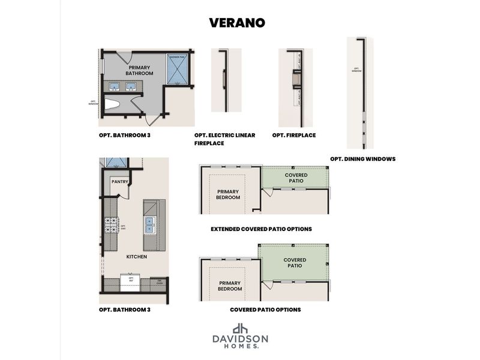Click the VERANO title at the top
237,22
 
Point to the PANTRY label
120,181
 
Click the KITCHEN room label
136,257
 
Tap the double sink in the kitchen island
151,225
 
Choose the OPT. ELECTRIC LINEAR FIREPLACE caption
224,139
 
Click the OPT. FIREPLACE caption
294,135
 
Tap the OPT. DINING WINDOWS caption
362,159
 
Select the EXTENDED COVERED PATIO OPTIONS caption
261,229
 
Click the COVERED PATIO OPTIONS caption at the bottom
265,310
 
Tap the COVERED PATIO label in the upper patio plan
296,178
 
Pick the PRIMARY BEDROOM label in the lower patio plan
230,286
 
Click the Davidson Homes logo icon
240,328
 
